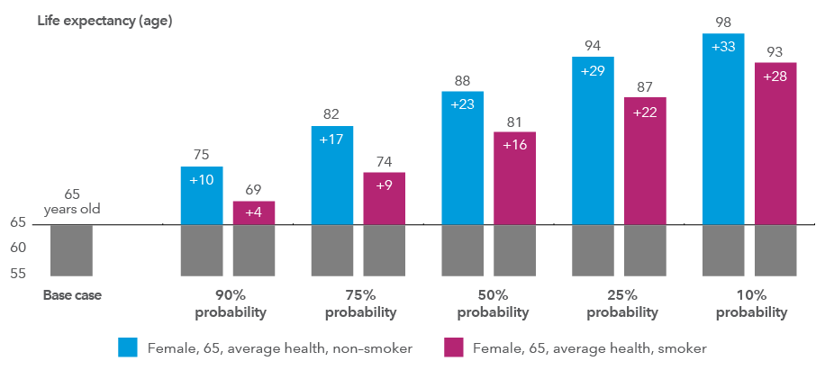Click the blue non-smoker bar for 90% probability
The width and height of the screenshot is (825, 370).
202,195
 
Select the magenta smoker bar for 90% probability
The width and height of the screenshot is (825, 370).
254,212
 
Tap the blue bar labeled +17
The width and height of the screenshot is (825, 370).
332,175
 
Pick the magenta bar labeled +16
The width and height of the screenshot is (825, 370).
514,177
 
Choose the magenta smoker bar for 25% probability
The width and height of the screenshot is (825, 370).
645,160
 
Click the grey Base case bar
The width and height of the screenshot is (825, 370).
71,249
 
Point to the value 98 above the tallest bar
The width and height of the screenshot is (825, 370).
723,21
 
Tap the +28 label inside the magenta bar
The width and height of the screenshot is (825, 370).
775,77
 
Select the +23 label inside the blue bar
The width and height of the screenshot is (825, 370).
462,104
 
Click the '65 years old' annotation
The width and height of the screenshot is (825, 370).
71,202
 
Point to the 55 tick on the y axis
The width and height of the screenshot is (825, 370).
19,273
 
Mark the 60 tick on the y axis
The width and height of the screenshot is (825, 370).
19,248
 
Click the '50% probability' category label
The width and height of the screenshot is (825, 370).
493,303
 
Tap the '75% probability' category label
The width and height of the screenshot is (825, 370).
360,303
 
